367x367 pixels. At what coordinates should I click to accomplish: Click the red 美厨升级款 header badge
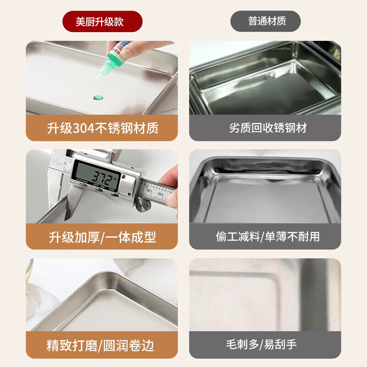[102, 22]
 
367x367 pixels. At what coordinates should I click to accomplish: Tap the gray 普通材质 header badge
[265, 22]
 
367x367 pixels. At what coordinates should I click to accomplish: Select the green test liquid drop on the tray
[97, 97]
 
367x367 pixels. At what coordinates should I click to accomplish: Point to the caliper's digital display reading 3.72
[105, 176]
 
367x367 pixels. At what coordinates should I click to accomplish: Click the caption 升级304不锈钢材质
[102, 128]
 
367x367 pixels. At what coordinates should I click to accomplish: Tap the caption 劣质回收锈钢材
[265, 128]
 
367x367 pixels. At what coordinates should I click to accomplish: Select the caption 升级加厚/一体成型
[102, 237]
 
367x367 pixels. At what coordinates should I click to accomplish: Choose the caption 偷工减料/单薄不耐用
[265, 237]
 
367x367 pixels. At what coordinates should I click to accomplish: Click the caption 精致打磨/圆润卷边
[102, 345]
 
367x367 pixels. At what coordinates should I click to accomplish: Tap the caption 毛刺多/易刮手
[265, 345]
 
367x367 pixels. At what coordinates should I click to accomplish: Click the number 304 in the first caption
[83, 128]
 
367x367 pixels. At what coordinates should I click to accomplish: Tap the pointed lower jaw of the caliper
[69, 211]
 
